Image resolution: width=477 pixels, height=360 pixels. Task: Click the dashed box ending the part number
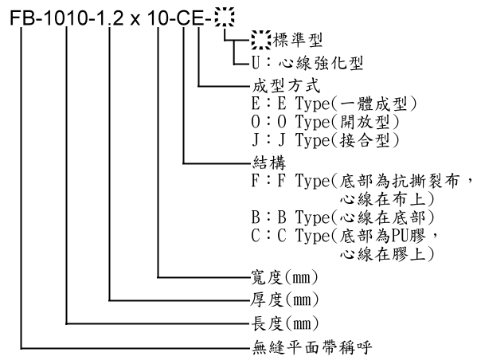pyautogui.click(x=225, y=18)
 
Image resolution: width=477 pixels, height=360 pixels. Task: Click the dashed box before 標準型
pyautogui.click(x=261, y=40)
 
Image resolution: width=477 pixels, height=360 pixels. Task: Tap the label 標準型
pyautogui.click(x=297, y=40)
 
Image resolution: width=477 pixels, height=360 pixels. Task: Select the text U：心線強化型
pyautogui.click(x=307, y=63)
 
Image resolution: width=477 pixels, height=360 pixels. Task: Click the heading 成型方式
pyautogui.click(x=286, y=86)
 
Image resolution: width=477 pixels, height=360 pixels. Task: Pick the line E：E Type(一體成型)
pyautogui.click(x=334, y=104)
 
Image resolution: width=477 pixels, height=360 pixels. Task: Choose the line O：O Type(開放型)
pyautogui.click(x=325, y=122)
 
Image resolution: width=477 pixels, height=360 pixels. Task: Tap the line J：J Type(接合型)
pyautogui.click(x=325, y=140)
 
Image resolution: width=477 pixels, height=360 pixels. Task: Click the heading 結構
pyautogui.click(x=269, y=162)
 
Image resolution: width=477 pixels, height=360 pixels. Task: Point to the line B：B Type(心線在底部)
pyautogui.click(x=342, y=217)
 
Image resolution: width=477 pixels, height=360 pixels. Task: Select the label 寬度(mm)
pyautogui.click(x=284, y=277)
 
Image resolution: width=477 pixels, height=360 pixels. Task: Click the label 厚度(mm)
pyautogui.click(x=284, y=299)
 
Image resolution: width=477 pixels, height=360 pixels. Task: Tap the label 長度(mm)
pyautogui.click(x=284, y=323)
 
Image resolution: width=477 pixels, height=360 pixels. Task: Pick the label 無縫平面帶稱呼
pyautogui.click(x=312, y=347)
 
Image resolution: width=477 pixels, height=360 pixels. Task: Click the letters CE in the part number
pyautogui.click(x=190, y=18)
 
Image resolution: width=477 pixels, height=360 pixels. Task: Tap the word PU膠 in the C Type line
pyautogui.click(x=409, y=236)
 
